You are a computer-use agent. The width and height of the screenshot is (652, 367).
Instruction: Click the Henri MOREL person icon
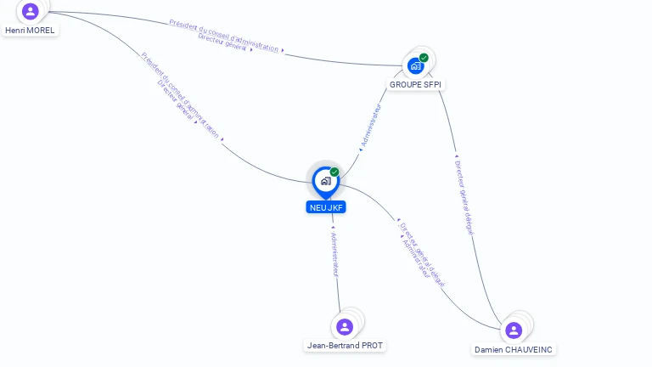[x=31, y=11]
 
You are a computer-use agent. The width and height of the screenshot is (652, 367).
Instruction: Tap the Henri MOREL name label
[x=30, y=30]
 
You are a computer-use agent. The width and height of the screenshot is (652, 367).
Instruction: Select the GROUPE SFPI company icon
[x=415, y=65]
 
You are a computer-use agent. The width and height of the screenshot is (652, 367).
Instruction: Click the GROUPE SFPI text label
[x=416, y=85]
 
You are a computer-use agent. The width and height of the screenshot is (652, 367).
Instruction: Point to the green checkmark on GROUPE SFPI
[x=424, y=58]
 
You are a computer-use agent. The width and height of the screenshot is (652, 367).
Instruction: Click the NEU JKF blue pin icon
[x=325, y=181]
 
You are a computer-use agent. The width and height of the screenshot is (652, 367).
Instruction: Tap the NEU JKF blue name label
[x=327, y=207]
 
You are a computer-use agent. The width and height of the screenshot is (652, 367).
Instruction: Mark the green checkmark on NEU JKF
[x=334, y=172]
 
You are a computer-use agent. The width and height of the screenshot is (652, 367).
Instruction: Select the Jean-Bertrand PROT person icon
[x=344, y=327]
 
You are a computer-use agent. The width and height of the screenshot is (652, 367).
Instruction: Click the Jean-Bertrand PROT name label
[x=345, y=346]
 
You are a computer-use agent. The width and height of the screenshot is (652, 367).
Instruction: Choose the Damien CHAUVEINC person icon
[x=513, y=330]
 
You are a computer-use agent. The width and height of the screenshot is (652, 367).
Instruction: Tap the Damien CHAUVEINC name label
[x=514, y=349]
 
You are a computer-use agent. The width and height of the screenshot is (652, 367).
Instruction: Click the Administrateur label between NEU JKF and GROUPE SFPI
[x=371, y=127]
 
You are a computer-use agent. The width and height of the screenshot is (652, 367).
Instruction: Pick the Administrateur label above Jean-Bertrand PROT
[x=334, y=252]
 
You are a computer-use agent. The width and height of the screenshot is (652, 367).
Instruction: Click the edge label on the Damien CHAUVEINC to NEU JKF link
[x=421, y=253]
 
